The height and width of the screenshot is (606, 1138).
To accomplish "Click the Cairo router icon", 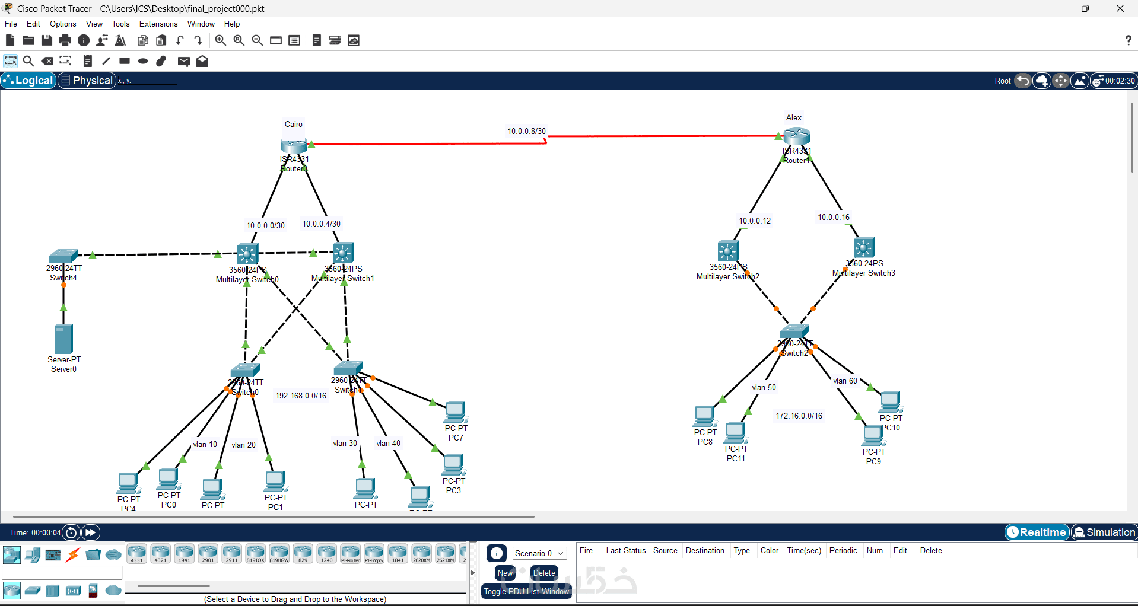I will pyautogui.click(x=294, y=145).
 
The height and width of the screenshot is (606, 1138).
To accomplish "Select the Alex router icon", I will pyautogui.click(x=796, y=136).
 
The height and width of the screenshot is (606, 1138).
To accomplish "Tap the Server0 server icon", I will pyautogui.click(x=63, y=339).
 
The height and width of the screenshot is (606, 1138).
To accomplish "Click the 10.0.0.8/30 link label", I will pyautogui.click(x=526, y=131).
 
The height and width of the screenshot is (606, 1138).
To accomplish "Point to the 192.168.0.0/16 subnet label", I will pyautogui.click(x=301, y=396).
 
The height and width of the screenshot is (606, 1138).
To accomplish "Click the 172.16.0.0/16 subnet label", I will pyautogui.click(x=799, y=416).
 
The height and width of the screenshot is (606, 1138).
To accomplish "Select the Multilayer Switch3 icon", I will pyautogui.click(x=864, y=248).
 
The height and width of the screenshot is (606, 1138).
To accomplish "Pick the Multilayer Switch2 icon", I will pyautogui.click(x=727, y=251).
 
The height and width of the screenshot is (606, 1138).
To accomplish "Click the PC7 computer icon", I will pyautogui.click(x=456, y=412).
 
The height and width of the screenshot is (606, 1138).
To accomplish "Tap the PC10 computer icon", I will pyautogui.click(x=890, y=401).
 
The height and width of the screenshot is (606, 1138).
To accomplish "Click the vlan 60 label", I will pyautogui.click(x=845, y=381).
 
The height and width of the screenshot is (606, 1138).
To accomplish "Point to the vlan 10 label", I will pyautogui.click(x=205, y=444).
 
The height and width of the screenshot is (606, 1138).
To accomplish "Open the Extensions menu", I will pyautogui.click(x=158, y=24).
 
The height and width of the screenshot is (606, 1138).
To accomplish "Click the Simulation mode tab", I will pyautogui.click(x=1104, y=532).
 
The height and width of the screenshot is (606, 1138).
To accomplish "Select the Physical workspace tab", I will pyautogui.click(x=87, y=81).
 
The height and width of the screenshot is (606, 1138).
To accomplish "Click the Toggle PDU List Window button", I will pyautogui.click(x=526, y=591).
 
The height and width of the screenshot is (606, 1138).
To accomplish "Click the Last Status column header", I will pyautogui.click(x=625, y=550).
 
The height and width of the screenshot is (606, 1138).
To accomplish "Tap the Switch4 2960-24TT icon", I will pyautogui.click(x=63, y=256).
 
